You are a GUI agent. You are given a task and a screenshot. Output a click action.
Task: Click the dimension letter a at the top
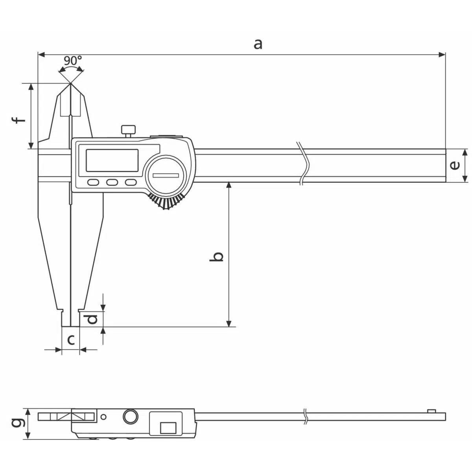click(x=258, y=44)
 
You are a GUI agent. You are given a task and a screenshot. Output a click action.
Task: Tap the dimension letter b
click(x=216, y=256)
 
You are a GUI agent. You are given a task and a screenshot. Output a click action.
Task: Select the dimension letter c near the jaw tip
click(x=71, y=340)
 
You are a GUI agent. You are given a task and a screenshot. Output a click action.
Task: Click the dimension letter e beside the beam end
click(x=455, y=166)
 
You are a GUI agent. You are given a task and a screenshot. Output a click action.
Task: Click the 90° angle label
click(x=73, y=60)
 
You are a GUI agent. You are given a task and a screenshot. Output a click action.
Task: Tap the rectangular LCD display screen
click(x=112, y=160)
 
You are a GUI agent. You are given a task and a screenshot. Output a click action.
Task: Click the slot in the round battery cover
click(x=166, y=175)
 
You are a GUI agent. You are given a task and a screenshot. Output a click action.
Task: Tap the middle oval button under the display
click(x=112, y=182)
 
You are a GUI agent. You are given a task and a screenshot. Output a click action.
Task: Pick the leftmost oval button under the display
click(x=93, y=182)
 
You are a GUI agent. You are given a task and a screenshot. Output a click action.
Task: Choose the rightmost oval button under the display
click(x=131, y=182)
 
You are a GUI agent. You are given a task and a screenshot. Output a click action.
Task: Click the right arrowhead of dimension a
click(x=442, y=55)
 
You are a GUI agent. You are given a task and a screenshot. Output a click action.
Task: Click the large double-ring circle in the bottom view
click(x=130, y=417)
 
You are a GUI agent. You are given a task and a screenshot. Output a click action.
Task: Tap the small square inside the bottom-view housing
click(x=168, y=428)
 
